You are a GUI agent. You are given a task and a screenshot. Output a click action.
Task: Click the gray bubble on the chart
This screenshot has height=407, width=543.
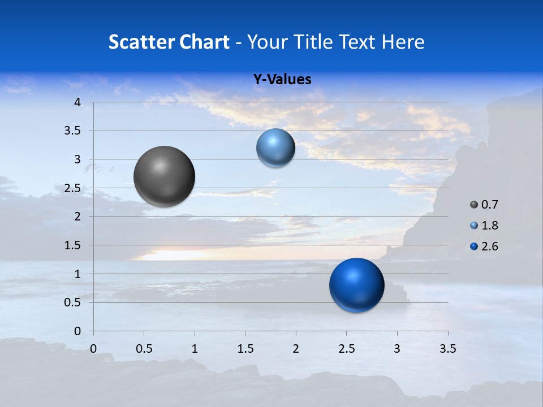164,176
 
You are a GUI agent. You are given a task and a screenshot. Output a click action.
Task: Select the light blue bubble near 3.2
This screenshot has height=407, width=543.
275,148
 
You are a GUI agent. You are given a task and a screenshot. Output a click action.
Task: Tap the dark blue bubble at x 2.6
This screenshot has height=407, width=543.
356,285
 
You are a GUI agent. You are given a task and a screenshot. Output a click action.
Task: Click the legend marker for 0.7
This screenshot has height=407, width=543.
474,205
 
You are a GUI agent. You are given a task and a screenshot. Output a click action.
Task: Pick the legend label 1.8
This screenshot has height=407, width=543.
490,226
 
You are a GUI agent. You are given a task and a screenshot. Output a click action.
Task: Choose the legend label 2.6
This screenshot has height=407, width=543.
490,246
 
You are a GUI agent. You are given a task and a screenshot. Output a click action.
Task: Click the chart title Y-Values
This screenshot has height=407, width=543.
282,80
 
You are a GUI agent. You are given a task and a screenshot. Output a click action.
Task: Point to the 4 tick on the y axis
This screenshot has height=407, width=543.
78,102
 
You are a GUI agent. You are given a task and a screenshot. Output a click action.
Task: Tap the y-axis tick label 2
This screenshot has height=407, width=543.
78,217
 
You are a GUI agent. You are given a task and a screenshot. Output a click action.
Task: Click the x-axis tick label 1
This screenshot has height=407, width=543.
195,348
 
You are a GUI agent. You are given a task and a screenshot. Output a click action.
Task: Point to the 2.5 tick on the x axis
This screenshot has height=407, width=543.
346,348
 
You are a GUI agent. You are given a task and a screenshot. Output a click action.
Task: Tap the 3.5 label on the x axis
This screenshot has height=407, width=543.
447,348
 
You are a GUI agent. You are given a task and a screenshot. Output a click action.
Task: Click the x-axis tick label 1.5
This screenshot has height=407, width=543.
245,348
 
